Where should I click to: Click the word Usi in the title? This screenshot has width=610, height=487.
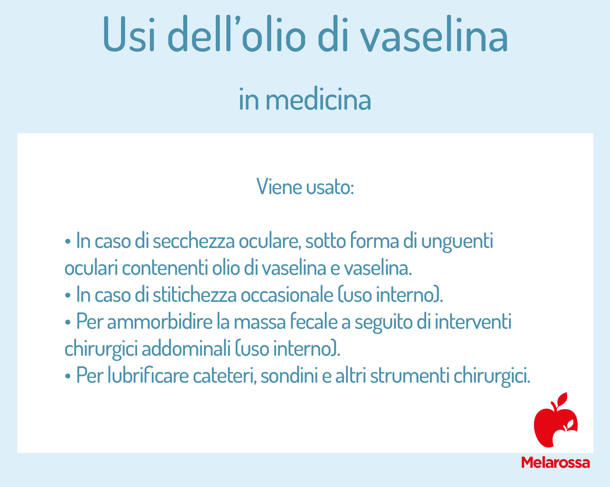pyautogui.click(x=129, y=34)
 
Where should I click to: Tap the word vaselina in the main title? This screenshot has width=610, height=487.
pyautogui.click(x=434, y=34)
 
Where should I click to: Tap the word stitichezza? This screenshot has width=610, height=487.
pyautogui.click(x=195, y=294)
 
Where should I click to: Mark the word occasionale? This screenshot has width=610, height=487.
pyautogui.click(x=287, y=294)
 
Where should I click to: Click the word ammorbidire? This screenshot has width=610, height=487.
pyautogui.click(x=160, y=321)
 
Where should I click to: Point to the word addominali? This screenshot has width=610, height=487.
pyautogui.click(x=186, y=348)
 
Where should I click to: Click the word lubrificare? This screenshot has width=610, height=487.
pyautogui.click(x=148, y=375)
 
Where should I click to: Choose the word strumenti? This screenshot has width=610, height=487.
pyautogui.click(x=410, y=376)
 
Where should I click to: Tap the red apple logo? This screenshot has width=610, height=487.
pyautogui.click(x=556, y=420)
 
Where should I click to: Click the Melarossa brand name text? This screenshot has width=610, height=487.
pyautogui.click(x=556, y=463)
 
